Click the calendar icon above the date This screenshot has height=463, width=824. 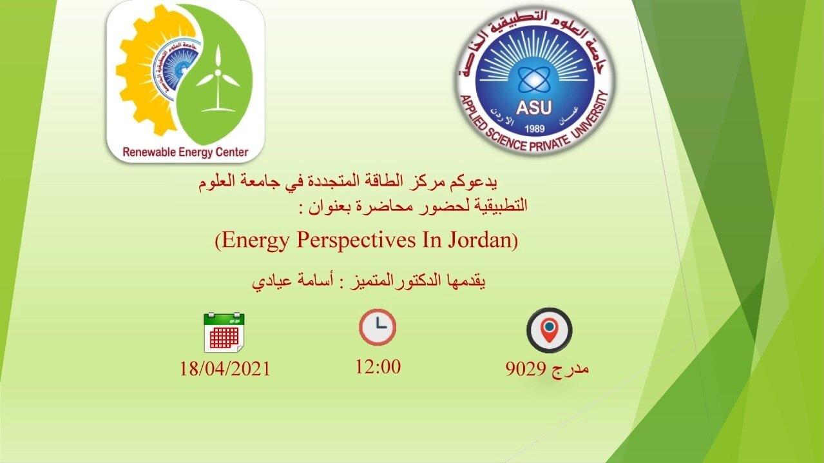(224, 333)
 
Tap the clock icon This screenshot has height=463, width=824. (378, 328)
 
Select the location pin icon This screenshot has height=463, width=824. (549, 330)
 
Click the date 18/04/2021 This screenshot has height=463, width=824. (225, 369)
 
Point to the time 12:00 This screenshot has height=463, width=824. (378, 367)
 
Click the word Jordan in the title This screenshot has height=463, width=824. (480, 240)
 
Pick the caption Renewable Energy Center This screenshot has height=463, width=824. (186, 152)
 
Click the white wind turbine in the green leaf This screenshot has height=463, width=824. (218, 79)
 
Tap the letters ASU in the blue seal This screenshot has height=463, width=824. (534, 108)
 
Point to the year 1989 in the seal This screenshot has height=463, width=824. (535, 129)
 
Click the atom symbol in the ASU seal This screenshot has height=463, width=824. (533, 80)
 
